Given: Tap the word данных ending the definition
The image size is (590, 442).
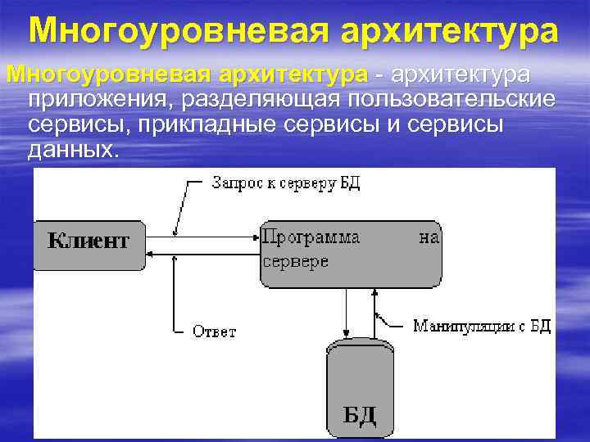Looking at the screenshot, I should (x=73, y=151).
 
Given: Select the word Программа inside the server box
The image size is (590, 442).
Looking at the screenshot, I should (x=311, y=237).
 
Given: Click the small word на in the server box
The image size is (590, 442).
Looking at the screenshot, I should (x=429, y=237).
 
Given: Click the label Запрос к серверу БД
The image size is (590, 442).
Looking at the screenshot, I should (x=286, y=183).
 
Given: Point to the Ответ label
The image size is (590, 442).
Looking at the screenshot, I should (x=214, y=331).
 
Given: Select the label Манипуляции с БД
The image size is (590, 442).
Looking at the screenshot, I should (x=481, y=327).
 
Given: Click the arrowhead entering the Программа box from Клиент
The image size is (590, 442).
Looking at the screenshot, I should (x=255, y=237).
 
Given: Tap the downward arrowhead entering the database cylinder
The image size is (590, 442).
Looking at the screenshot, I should (x=346, y=333).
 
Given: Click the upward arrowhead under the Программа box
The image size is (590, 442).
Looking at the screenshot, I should (x=376, y=292).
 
